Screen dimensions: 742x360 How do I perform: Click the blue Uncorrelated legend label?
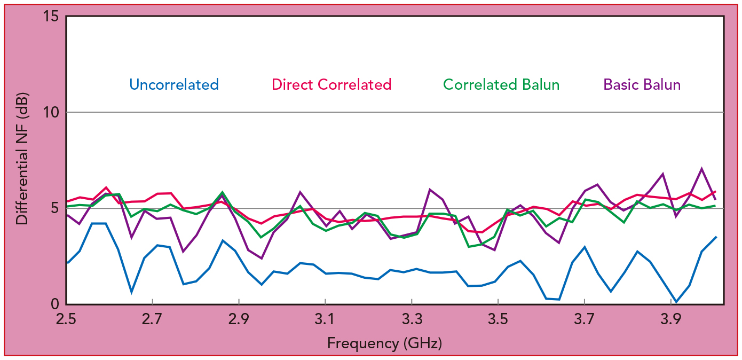tap(174, 84)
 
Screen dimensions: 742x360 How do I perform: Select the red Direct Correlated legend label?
tap(331, 84)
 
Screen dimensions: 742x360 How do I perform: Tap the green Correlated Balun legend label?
tap(501, 84)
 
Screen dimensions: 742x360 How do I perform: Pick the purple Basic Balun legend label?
tap(642, 84)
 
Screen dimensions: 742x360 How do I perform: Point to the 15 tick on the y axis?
tap(51, 16)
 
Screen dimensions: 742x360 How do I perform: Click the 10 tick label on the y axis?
tap(51, 112)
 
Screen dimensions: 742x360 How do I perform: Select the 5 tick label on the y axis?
tap(54, 208)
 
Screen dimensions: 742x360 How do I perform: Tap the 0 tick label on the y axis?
tap(55, 303)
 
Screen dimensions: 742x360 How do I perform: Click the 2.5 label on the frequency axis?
tap(66, 319)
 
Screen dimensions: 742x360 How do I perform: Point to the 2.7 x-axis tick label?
tap(152, 319)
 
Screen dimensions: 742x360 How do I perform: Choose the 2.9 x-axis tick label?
tap(239, 319)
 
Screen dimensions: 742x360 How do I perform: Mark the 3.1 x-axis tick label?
tap(325, 319)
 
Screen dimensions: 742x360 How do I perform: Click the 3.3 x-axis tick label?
tap(412, 319)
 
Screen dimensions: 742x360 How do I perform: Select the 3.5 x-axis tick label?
tap(498, 319)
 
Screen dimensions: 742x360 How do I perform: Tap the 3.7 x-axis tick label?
tap(585, 319)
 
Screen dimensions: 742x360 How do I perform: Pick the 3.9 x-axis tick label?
tap(671, 319)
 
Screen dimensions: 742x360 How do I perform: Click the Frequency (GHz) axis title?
tap(384, 343)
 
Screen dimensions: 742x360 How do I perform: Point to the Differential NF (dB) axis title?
tap(22, 159)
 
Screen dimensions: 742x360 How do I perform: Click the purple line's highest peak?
tap(701, 168)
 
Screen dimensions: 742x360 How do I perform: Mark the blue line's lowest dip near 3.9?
tap(676, 302)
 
